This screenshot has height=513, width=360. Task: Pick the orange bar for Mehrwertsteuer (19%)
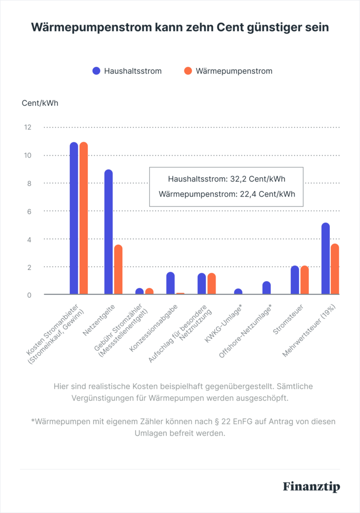click(x=335, y=269)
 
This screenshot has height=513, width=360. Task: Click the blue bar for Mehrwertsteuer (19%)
click(x=325, y=259)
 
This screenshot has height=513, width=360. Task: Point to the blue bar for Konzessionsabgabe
click(x=170, y=284)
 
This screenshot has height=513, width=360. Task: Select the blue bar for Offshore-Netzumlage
click(x=266, y=288)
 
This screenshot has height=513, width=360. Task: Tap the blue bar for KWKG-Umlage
click(x=238, y=292)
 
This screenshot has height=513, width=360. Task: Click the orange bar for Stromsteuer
click(x=304, y=281)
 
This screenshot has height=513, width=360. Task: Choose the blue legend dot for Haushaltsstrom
click(x=96, y=71)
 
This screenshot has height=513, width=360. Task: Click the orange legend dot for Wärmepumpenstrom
click(x=188, y=71)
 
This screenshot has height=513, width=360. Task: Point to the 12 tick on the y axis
click(x=27, y=127)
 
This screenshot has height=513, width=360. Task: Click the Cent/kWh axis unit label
click(x=40, y=103)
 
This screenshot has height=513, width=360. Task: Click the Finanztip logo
click(x=311, y=487)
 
